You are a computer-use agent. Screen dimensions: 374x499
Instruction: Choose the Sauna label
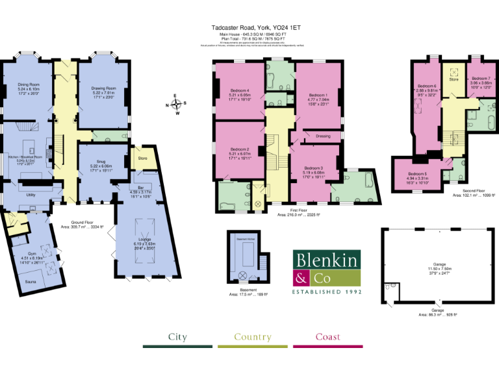30,282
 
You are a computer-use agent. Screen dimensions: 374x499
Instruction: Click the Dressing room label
323,136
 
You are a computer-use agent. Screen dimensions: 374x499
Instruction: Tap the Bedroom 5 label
417,174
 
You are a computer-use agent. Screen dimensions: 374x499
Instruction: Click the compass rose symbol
175,104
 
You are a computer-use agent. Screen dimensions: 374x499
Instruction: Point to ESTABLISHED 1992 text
326,292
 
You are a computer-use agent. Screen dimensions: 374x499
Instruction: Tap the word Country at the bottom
252,337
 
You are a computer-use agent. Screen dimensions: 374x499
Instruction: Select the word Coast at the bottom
327,337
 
